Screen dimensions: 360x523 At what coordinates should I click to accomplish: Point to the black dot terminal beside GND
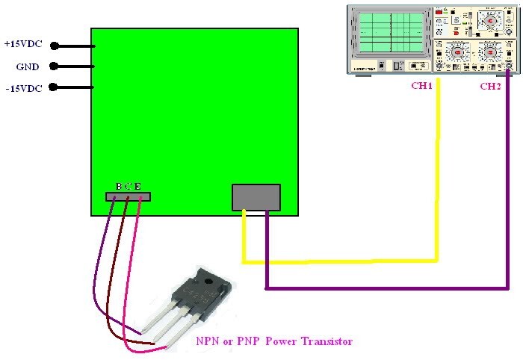(x=54, y=67)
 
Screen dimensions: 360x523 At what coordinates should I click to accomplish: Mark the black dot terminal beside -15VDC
(x=54, y=88)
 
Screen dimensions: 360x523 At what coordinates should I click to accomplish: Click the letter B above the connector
(x=118, y=185)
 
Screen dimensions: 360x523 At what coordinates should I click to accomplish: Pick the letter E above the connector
(x=137, y=185)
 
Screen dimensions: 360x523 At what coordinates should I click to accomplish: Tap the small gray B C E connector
(x=128, y=196)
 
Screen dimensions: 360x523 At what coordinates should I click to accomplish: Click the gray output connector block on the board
(x=256, y=197)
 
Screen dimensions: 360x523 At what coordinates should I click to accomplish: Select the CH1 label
(x=422, y=85)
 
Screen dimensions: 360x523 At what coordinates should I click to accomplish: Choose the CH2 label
(x=490, y=86)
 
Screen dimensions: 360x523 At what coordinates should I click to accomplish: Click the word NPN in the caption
(x=207, y=341)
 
